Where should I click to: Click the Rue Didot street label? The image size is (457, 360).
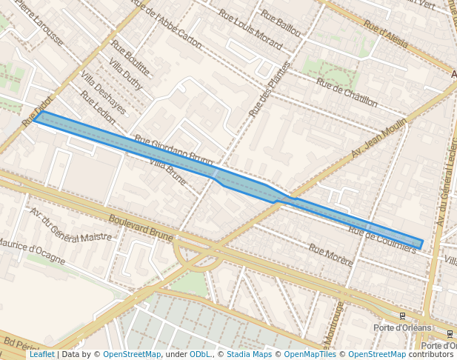coord(38,109)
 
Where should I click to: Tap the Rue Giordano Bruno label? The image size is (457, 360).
coord(173,150)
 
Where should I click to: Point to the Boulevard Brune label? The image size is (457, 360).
coord(141,229)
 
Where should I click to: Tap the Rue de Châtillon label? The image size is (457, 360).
coord(347,93)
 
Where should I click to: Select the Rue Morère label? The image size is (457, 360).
coord(330,256)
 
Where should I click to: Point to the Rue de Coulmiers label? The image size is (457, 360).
coord(381,240)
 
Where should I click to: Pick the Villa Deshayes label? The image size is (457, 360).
coord(103,94)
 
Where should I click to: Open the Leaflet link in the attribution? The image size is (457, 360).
coord(41,354)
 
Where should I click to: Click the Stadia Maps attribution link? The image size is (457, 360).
coord(249,354)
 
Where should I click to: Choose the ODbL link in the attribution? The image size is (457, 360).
coord(200,354)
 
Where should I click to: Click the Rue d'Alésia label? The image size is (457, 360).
coord(385,34)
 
